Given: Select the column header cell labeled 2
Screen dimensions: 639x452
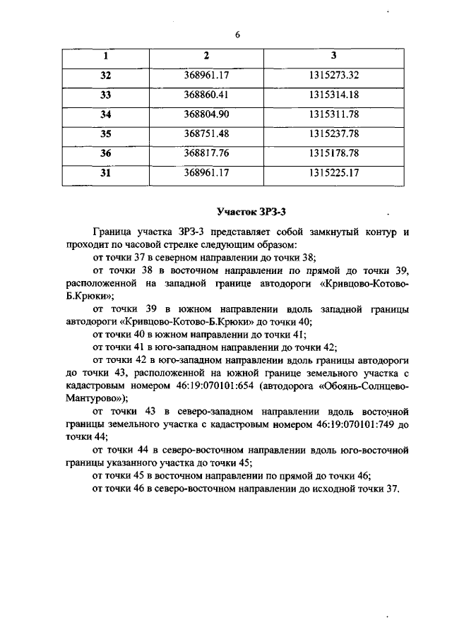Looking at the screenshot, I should [x=206, y=56].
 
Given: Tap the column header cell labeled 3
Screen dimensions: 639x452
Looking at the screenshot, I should [x=334, y=56].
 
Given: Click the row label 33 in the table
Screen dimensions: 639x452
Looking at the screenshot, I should [x=106, y=95].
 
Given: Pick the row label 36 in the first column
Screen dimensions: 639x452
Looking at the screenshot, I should [x=106, y=153].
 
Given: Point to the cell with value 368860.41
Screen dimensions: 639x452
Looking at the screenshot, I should [x=207, y=95].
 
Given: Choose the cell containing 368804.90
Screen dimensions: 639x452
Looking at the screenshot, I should [x=207, y=114].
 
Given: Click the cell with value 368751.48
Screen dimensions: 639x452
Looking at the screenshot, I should [x=207, y=133].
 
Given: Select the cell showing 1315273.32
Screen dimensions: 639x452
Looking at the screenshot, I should [x=334, y=75].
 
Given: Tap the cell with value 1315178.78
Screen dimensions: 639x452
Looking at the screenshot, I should [x=334, y=153].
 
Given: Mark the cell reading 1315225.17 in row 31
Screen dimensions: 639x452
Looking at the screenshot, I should [x=334, y=172].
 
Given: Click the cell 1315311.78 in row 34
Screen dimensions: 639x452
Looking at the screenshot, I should [x=334, y=114].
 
